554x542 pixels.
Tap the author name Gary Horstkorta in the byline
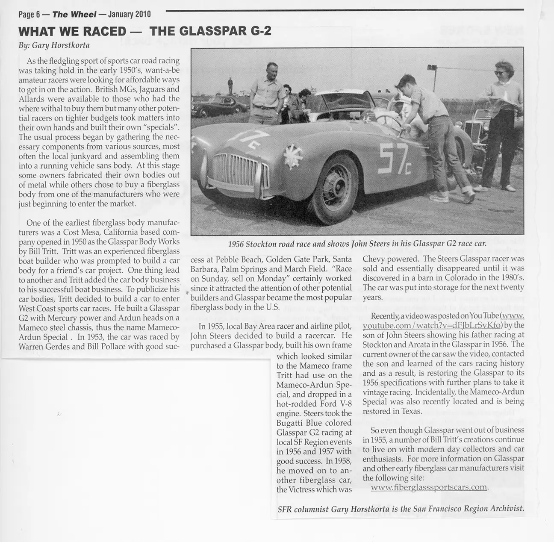click(x=61, y=45)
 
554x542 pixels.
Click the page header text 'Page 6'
click(x=29, y=14)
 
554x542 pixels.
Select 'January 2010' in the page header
click(x=130, y=14)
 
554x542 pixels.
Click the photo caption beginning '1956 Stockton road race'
click(x=357, y=244)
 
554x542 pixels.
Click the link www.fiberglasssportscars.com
click(x=429, y=487)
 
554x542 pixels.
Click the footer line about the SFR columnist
click(x=400, y=509)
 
